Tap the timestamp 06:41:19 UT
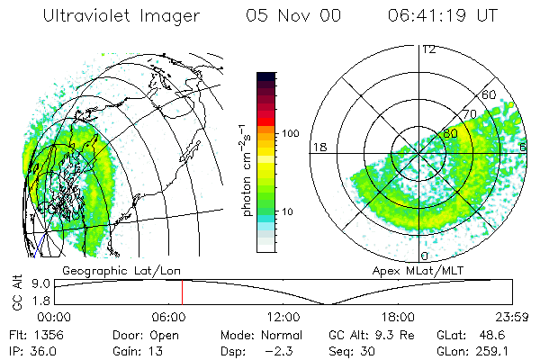[443, 15]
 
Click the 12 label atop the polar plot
[428, 49]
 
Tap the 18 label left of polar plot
[318, 146]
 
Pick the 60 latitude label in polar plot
[490, 94]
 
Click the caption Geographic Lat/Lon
[105, 269]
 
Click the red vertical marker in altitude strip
[182, 292]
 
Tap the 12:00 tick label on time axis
[283, 316]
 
